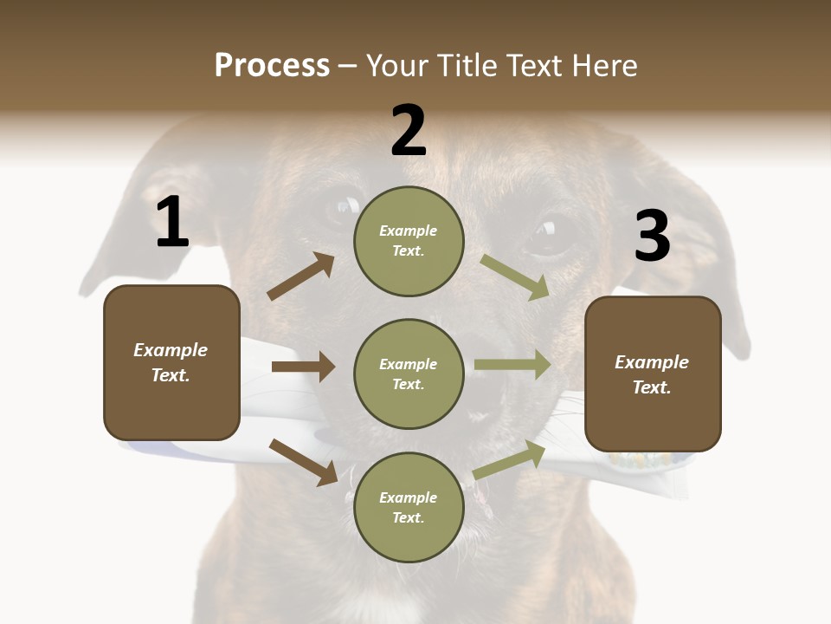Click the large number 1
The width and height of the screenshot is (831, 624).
pyautogui.click(x=172, y=223)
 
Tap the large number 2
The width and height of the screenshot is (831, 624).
pyautogui.click(x=409, y=132)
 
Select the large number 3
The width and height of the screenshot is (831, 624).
pyautogui.click(x=652, y=237)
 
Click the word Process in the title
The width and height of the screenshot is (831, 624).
pyautogui.click(x=272, y=65)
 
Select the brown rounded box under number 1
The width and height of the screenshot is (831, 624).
pyautogui.click(x=171, y=362)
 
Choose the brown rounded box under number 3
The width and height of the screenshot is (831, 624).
pyautogui.click(x=653, y=374)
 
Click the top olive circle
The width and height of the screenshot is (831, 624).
pyautogui.click(x=409, y=241)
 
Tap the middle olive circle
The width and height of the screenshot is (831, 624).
pyautogui.click(x=409, y=374)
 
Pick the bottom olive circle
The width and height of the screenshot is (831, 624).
pyautogui.click(x=409, y=508)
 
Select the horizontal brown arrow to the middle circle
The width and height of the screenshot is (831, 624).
pyautogui.click(x=303, y=367)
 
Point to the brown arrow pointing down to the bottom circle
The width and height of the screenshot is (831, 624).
pyautogui.click(x=303, y=462)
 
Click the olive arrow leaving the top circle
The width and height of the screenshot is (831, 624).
pyautogui.click(x=515, y=276)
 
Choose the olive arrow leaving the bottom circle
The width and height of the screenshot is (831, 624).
pyautogui.click(x=510, y=459)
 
